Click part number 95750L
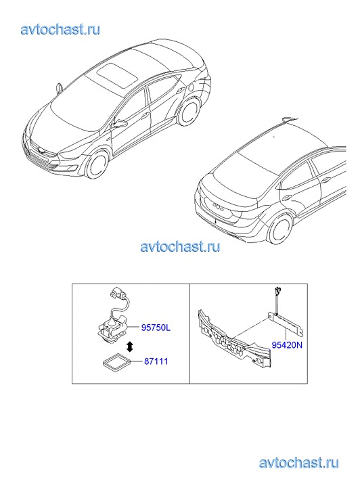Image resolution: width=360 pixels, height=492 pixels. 156,328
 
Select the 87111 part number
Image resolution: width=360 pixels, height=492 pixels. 156,361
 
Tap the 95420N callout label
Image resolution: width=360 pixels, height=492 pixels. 287,345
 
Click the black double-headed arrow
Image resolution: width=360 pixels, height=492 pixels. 129,347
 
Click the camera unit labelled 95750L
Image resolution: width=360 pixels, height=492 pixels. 113,330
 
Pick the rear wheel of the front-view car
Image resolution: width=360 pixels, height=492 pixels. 189,111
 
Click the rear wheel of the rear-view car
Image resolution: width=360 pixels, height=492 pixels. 279,229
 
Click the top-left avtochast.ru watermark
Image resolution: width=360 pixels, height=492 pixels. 61,30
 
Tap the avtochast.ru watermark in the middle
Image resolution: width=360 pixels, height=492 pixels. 180,246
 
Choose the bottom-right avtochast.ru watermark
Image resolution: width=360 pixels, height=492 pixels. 299,463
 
